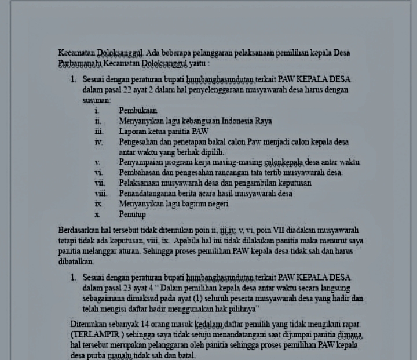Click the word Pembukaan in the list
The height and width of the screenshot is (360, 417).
(138, 110)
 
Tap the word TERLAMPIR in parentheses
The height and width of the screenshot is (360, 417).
(94, 334)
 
